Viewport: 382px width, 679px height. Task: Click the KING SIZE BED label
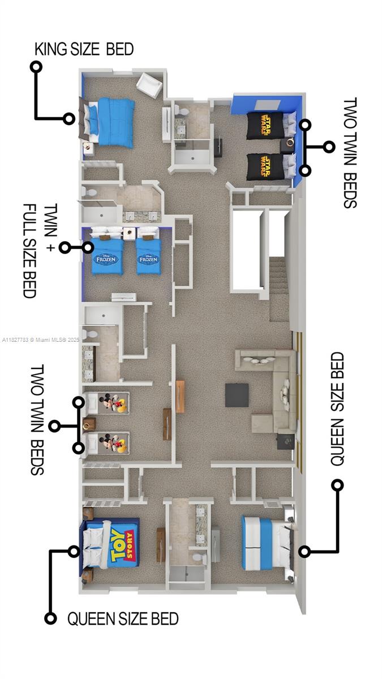point(84,49)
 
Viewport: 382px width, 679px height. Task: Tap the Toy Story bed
point(111,543)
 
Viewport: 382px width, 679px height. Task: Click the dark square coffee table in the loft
point(237,395)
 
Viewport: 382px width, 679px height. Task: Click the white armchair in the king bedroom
point(149,84)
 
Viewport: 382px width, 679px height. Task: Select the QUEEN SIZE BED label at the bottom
point(123,618)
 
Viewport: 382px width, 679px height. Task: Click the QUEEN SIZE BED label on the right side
point(337,409)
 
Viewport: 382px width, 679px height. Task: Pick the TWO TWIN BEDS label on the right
point(350,153)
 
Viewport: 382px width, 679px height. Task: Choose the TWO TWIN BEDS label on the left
point(37,419)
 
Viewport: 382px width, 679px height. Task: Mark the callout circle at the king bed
point(69,119)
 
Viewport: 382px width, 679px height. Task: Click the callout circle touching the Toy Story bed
point(74,551)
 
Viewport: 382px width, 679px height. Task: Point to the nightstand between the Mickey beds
point(89,424)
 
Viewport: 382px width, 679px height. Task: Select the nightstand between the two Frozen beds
point(130,232)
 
